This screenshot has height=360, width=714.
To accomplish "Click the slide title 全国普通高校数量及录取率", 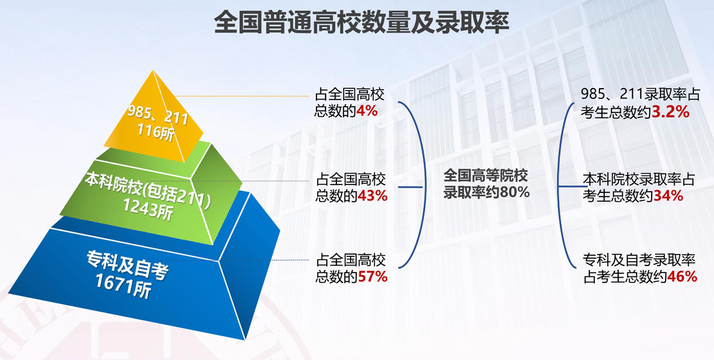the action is tap(362, 22).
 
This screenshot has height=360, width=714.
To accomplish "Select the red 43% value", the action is tap(372, 195).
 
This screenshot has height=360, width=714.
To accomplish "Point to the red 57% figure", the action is tap(372, 276).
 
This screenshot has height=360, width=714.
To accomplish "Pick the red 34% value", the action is tap(668, 196).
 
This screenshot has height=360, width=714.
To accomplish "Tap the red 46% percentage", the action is tap(682, 276).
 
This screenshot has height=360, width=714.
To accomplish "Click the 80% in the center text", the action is tap(515, 192).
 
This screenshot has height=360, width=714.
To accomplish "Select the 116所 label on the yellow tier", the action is tap(156, 132).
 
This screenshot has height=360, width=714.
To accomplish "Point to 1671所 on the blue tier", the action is tap(123, 286).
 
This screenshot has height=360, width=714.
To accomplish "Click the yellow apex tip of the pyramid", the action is tap(152, 71).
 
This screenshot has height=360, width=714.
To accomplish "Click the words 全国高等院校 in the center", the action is tap(486, 175).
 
